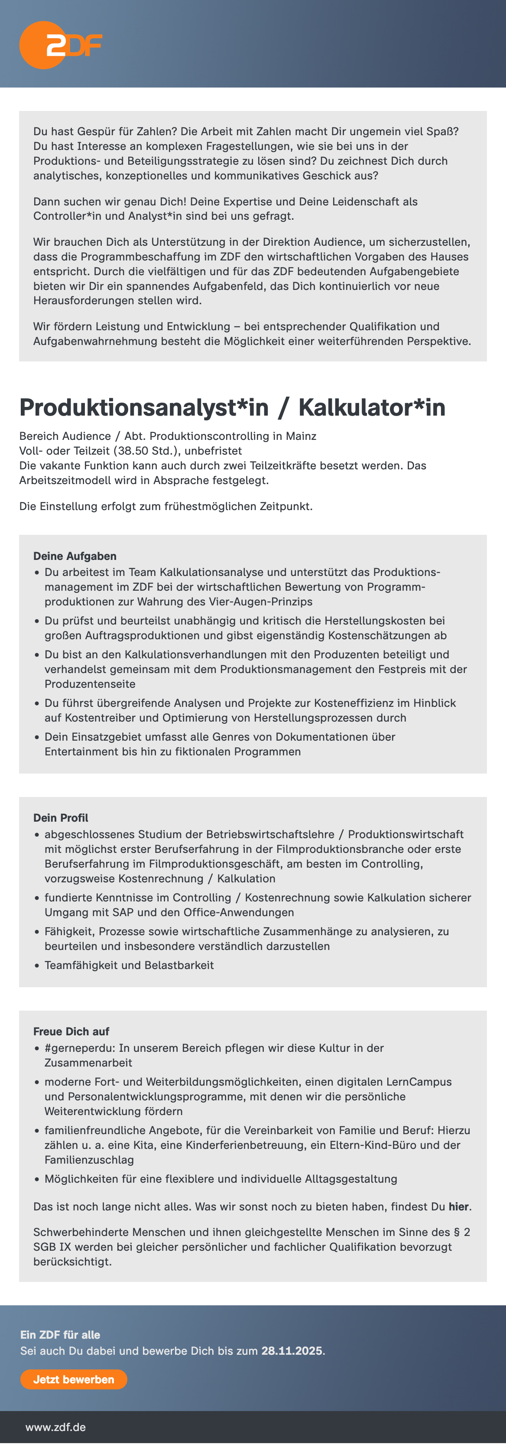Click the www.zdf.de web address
point(55,1427)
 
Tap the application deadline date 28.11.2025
point(292,1350)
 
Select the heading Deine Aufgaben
point(75,556)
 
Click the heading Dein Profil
point(61,818)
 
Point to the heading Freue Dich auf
point(71,1031)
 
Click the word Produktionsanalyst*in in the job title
point(144,407)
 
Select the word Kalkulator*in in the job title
point(372,407)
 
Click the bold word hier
point(458,1207)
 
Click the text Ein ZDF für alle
point(60,1335)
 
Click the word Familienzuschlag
point(89,1160)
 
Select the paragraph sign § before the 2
point(456,1232)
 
